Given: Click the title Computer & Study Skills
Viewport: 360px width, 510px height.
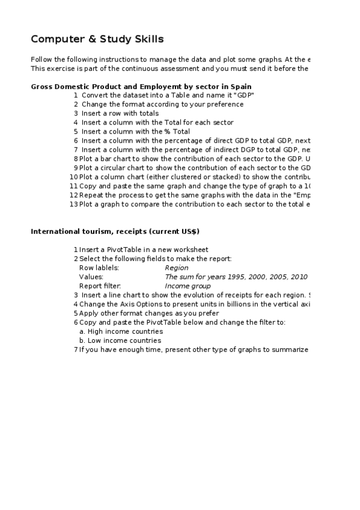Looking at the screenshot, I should click(97, 40).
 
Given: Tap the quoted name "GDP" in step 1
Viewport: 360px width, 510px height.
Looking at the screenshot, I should click(243, 95).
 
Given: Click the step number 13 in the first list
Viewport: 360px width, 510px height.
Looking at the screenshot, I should click(74, 204).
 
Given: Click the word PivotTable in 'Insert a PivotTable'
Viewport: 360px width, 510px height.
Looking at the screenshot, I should click(121, 250).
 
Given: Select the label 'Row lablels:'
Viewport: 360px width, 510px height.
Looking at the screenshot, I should click(99, 268).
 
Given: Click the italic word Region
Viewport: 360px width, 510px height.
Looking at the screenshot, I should click(176, 268).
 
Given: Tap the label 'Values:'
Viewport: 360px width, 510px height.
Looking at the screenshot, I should click(91, 277).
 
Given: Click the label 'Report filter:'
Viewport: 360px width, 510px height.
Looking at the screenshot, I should click(100, 286).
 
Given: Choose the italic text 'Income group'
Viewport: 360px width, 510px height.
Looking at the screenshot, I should click(188, 286).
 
